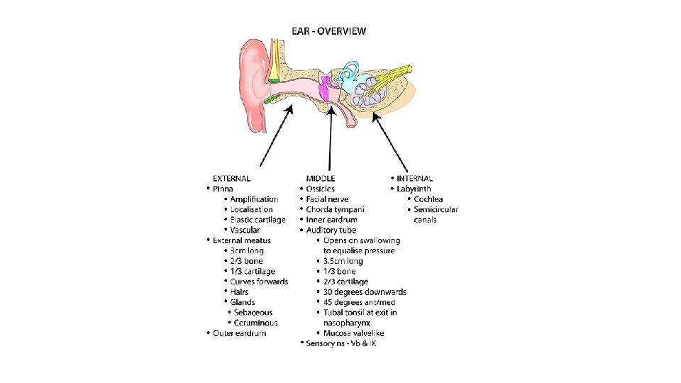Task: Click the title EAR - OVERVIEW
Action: pyautogui.click(x=329, y=30)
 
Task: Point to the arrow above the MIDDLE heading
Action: pyautogui.click(x=330, y=138)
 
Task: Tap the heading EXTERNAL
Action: pyautogui.click(x=231, y=179)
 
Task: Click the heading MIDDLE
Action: pyautogui.click(x=321, y=179)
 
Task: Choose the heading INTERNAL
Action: pyautogui.click(x=414, y=179)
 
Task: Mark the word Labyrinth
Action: pyautogui.click(x=414, y=189)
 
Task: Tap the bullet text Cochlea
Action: pyautogui.click(x=428, y=199)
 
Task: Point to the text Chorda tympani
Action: pyautogui.click(x=335, y=210)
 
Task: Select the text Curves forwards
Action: pyautogui.click(x=259, y=282)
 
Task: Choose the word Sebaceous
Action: pyautogui.click(x=254, y=312)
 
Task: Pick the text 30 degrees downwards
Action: pyautogui.click(x=365, y=292)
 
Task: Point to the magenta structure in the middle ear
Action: pyautogui.click(x=324, y=88)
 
